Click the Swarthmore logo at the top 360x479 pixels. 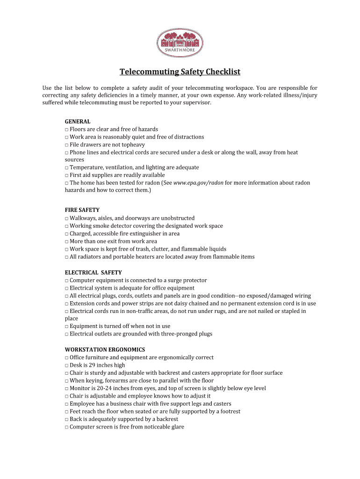click(x=180, y=43)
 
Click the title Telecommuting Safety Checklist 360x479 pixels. click(x=180, y=72)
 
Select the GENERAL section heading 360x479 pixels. click(x=78, y=121)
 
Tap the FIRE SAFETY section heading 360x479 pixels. click(x=82, y=210)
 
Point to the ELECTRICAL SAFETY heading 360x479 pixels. click(x=93, y=272)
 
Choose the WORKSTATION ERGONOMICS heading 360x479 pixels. click(x=105, y=349)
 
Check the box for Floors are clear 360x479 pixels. click(x=66, y=130)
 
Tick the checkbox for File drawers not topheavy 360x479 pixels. click(x=66, y=145)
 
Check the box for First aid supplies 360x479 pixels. click(x=66, y=175)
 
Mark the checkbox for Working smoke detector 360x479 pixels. click(x=66, y=226)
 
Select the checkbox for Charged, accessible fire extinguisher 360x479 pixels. click(x=66, y=234)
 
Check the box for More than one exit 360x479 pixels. click(x=66, y=242)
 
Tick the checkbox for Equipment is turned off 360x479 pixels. click(x=66, y=327)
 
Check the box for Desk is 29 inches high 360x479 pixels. click(x=66, y=365)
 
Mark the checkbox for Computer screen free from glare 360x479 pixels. click(x=66, y=427)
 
